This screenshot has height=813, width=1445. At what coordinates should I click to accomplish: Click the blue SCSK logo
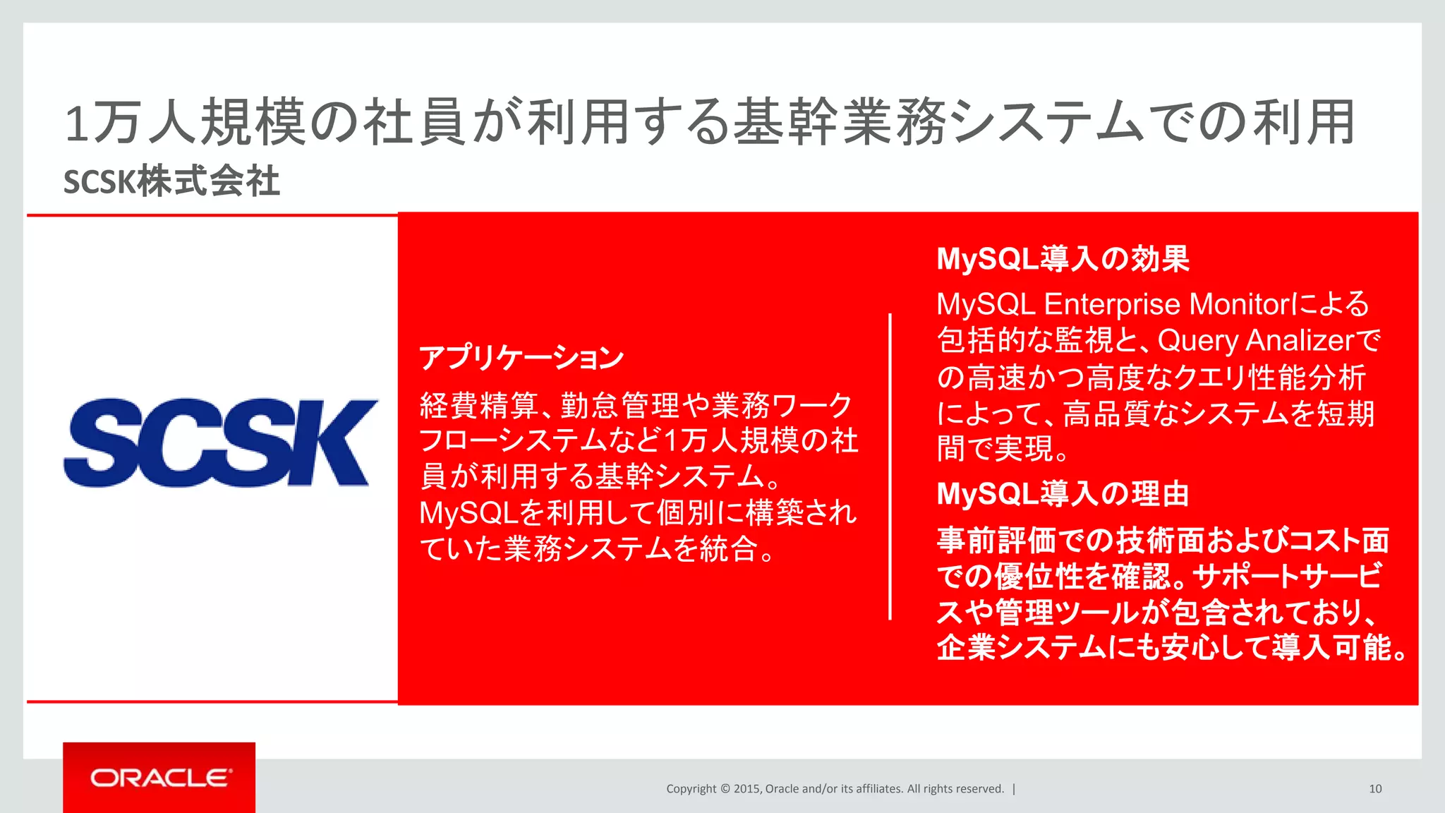tap(220, 442)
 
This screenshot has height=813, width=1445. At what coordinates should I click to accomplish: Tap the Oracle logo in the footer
tap(160, 778)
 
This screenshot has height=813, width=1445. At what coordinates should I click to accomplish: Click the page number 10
tap(1375, 789)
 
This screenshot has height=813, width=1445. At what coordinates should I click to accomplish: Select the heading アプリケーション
tap(521, 358)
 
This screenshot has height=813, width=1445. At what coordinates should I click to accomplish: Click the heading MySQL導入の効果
tap(1063, 259)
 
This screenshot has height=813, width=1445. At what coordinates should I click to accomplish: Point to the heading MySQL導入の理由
tap(1063, 494)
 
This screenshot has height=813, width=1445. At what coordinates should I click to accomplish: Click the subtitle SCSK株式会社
tap(171, 181)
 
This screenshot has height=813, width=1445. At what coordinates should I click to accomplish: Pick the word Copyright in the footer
tap(691, 789)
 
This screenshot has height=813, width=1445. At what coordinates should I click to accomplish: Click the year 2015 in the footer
tap(746, 789)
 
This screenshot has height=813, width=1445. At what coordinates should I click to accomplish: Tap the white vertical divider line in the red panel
tap(890, 466)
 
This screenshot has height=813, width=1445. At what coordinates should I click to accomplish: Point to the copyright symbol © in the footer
tap(725, 789)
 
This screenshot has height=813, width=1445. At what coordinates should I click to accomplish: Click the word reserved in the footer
tap(981, 789)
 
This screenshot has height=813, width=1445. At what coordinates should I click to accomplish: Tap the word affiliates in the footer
tap(879, 789)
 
